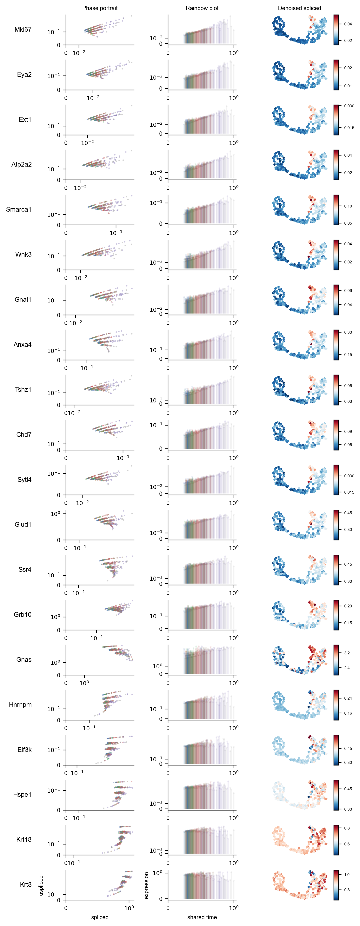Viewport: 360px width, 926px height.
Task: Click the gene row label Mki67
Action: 23,30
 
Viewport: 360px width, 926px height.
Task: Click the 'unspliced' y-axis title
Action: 41,885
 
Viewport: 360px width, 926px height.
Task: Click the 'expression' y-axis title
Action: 146,885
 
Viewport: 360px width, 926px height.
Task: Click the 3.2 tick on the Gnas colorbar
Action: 347,653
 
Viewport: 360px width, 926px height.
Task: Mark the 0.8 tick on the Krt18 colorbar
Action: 347,828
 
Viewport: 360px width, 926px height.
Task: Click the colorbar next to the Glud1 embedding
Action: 336,525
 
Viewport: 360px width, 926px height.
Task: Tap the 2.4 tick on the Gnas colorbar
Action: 347,668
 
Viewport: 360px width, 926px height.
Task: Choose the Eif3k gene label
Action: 24,750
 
